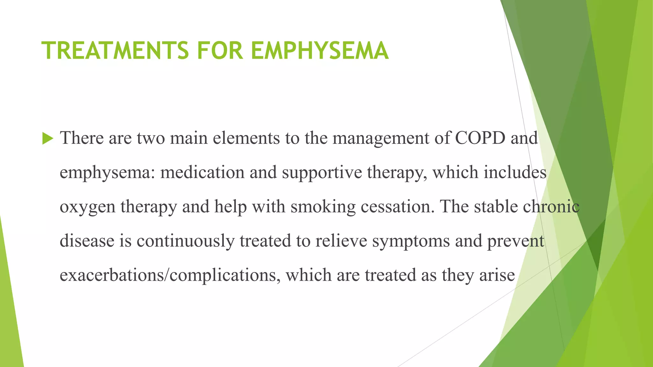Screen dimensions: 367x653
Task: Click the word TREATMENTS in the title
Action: point(115,51)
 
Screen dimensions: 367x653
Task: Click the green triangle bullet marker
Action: point(48,139)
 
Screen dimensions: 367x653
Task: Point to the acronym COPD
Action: point(480,138)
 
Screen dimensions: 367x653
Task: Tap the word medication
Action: point(202,172)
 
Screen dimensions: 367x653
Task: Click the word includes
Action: point(515,172)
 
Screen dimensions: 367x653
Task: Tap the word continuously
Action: point(186,241)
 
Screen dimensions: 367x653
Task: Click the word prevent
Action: point(515,241)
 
